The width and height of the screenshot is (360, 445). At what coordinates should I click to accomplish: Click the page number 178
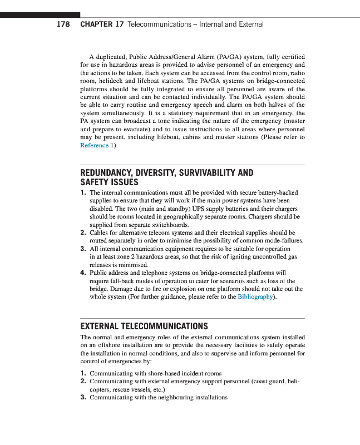tap(63, 24)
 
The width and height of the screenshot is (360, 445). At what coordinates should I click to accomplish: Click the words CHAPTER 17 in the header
tap(102, 24)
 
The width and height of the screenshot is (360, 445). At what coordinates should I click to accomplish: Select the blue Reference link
tap(94, 145)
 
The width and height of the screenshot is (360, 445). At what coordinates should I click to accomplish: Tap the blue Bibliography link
tap(255, 297)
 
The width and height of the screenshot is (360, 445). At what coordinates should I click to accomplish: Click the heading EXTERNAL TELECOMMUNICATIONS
tap(144, 326)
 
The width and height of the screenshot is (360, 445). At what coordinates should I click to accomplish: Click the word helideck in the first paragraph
tap(109, 81)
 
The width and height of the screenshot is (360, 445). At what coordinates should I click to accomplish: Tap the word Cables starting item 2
tap(99, 233)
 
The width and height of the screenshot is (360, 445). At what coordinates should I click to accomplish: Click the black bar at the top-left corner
tap(40, 15)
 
